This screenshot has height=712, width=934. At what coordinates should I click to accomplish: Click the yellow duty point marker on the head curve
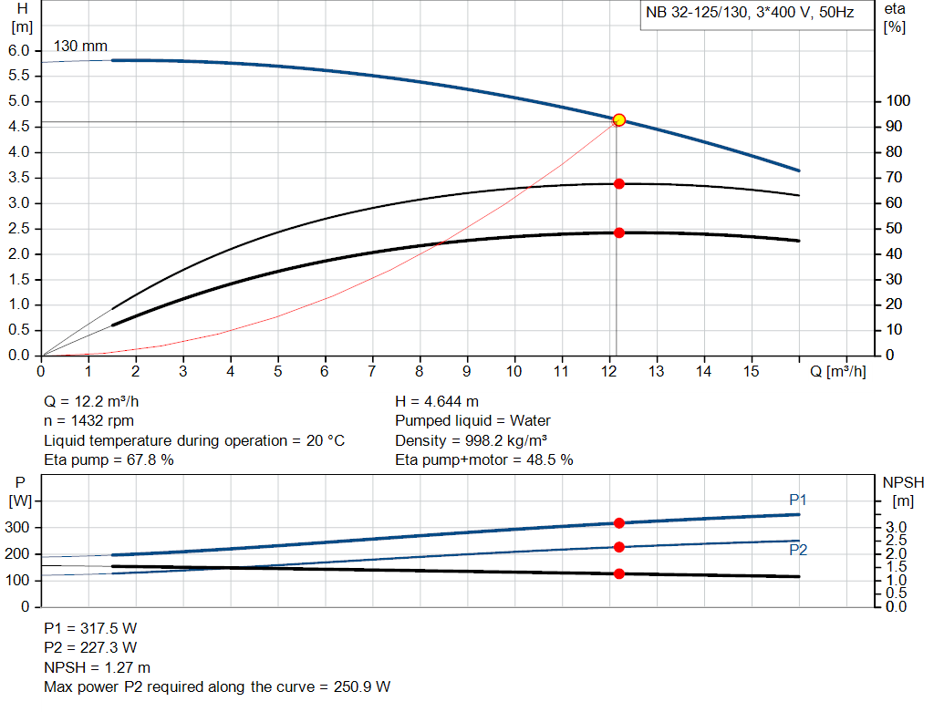click(619, 119)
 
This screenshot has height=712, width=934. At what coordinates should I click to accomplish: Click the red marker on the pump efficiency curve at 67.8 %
click(619, 184)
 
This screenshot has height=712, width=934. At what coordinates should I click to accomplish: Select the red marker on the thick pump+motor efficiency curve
click(619, 232)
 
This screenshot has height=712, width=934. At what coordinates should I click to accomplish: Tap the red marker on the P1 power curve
click(618, 523)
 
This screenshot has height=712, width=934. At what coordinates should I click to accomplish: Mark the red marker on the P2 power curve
click(618, 547)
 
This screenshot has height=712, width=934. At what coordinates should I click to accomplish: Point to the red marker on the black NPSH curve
click(618, 573)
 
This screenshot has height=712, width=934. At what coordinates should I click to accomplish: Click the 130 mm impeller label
click(79, 46)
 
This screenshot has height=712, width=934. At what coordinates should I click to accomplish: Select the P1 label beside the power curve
click(798, 500)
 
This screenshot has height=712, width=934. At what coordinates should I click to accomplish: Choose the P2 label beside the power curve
click(798, 550)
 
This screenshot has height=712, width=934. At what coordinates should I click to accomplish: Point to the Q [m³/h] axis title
click(837, 371)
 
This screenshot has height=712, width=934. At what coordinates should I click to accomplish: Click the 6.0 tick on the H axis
click(19, 50)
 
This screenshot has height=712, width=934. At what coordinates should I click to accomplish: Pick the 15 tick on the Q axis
click(751, 371)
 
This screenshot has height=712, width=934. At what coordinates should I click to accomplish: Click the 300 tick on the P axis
click(19, 528)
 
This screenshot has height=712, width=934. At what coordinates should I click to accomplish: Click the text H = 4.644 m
click(437, 401)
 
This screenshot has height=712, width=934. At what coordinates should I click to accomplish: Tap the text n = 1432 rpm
click(89, 421)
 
